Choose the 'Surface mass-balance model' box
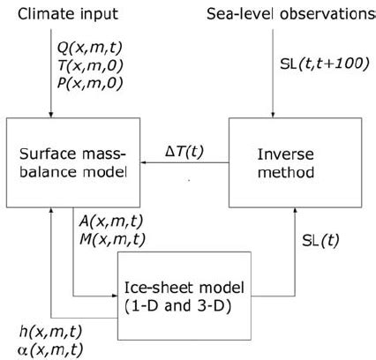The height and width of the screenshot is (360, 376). (x=67, y=163)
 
